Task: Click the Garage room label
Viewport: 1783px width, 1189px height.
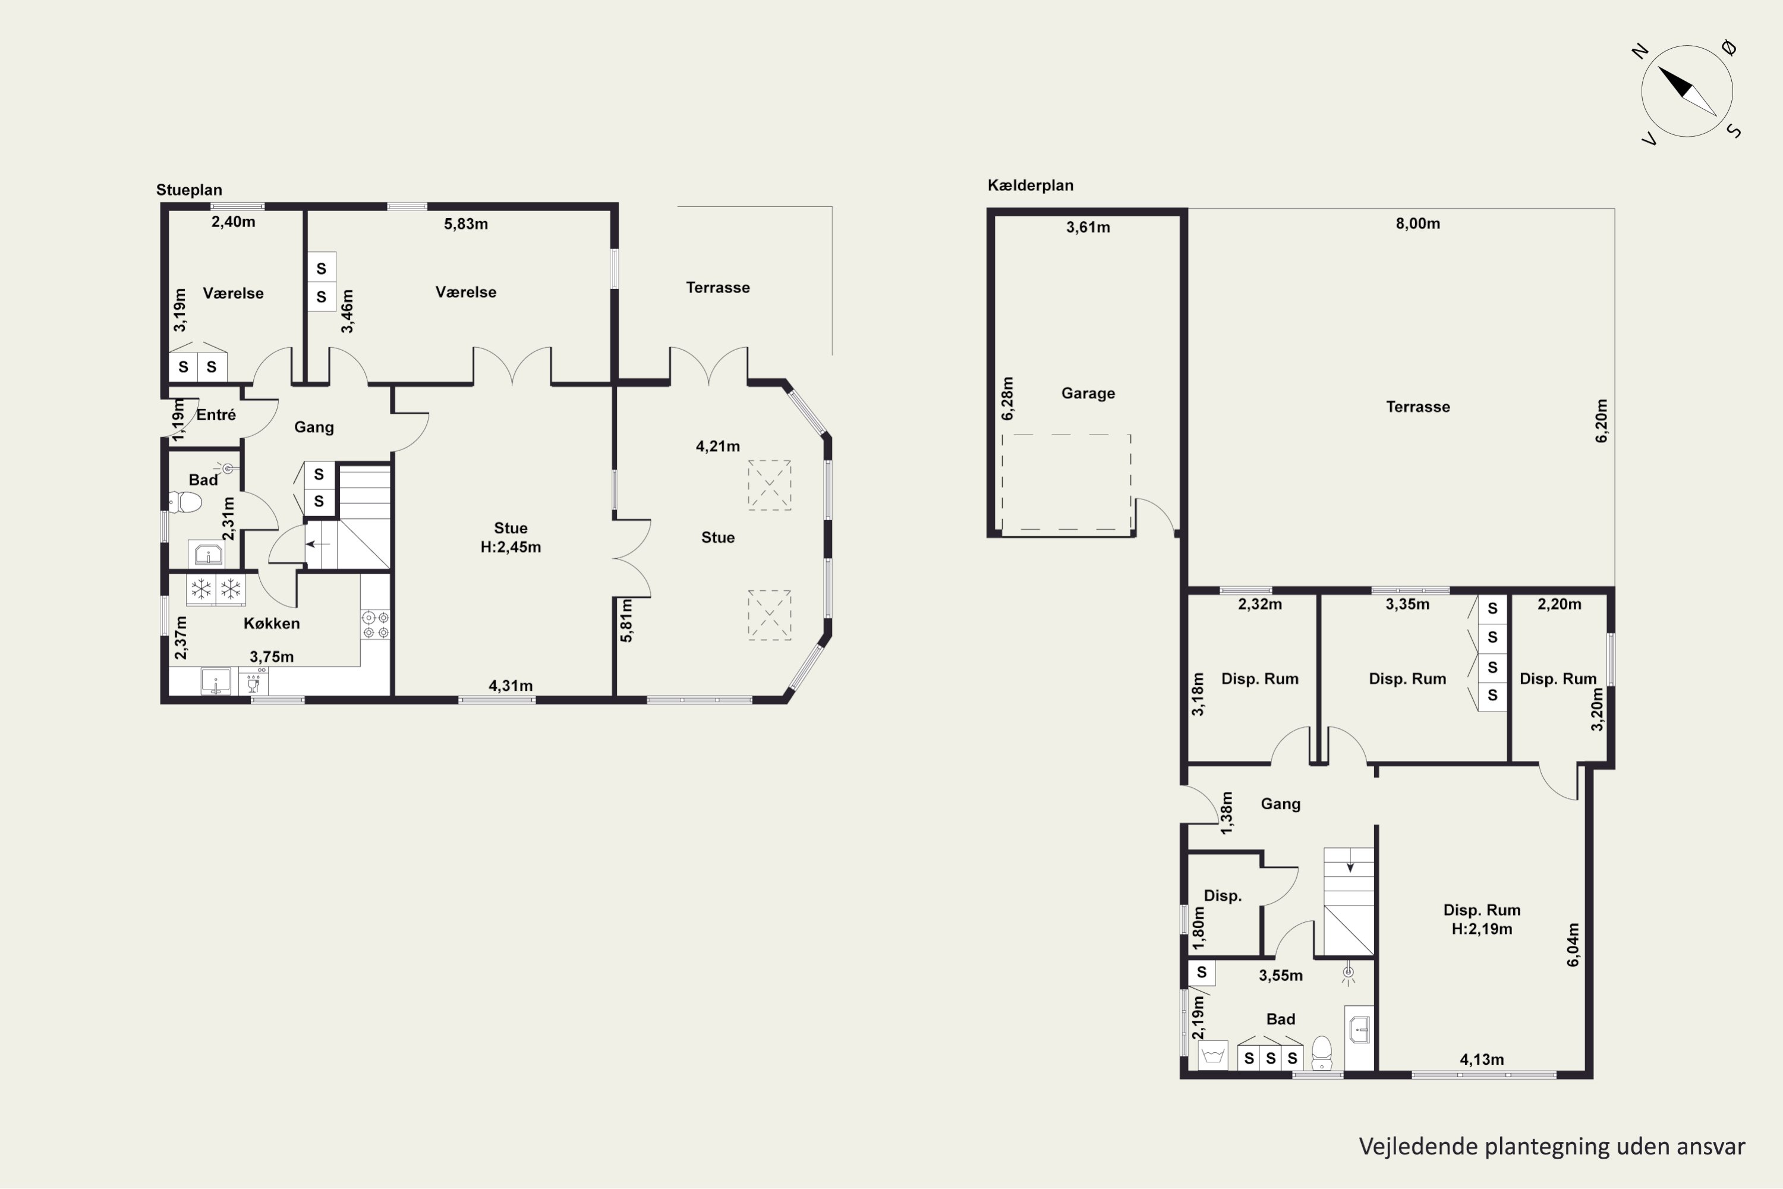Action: tap(1088, 394)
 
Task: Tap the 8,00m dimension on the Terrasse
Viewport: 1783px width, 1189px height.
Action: tap(1417, 224)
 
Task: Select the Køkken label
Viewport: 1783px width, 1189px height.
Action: tap(272, 623)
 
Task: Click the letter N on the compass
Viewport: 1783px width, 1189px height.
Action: tap(1640, 52)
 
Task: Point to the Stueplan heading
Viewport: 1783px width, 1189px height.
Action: tap(189, 190)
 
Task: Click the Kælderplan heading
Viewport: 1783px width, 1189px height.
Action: tap(1030, 185)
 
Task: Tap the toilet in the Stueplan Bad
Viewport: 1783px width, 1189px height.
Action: tap(185, 502)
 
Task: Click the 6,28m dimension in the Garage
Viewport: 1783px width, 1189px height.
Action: tap(1007, 398)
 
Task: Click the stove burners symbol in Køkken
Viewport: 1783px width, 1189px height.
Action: tap(375, 625)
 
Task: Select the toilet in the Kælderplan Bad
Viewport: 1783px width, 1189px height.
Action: tap(1321, 1052)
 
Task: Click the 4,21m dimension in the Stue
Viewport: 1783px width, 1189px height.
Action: tap(717, 446)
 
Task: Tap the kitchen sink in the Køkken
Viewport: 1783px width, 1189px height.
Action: tap(215, 681)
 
